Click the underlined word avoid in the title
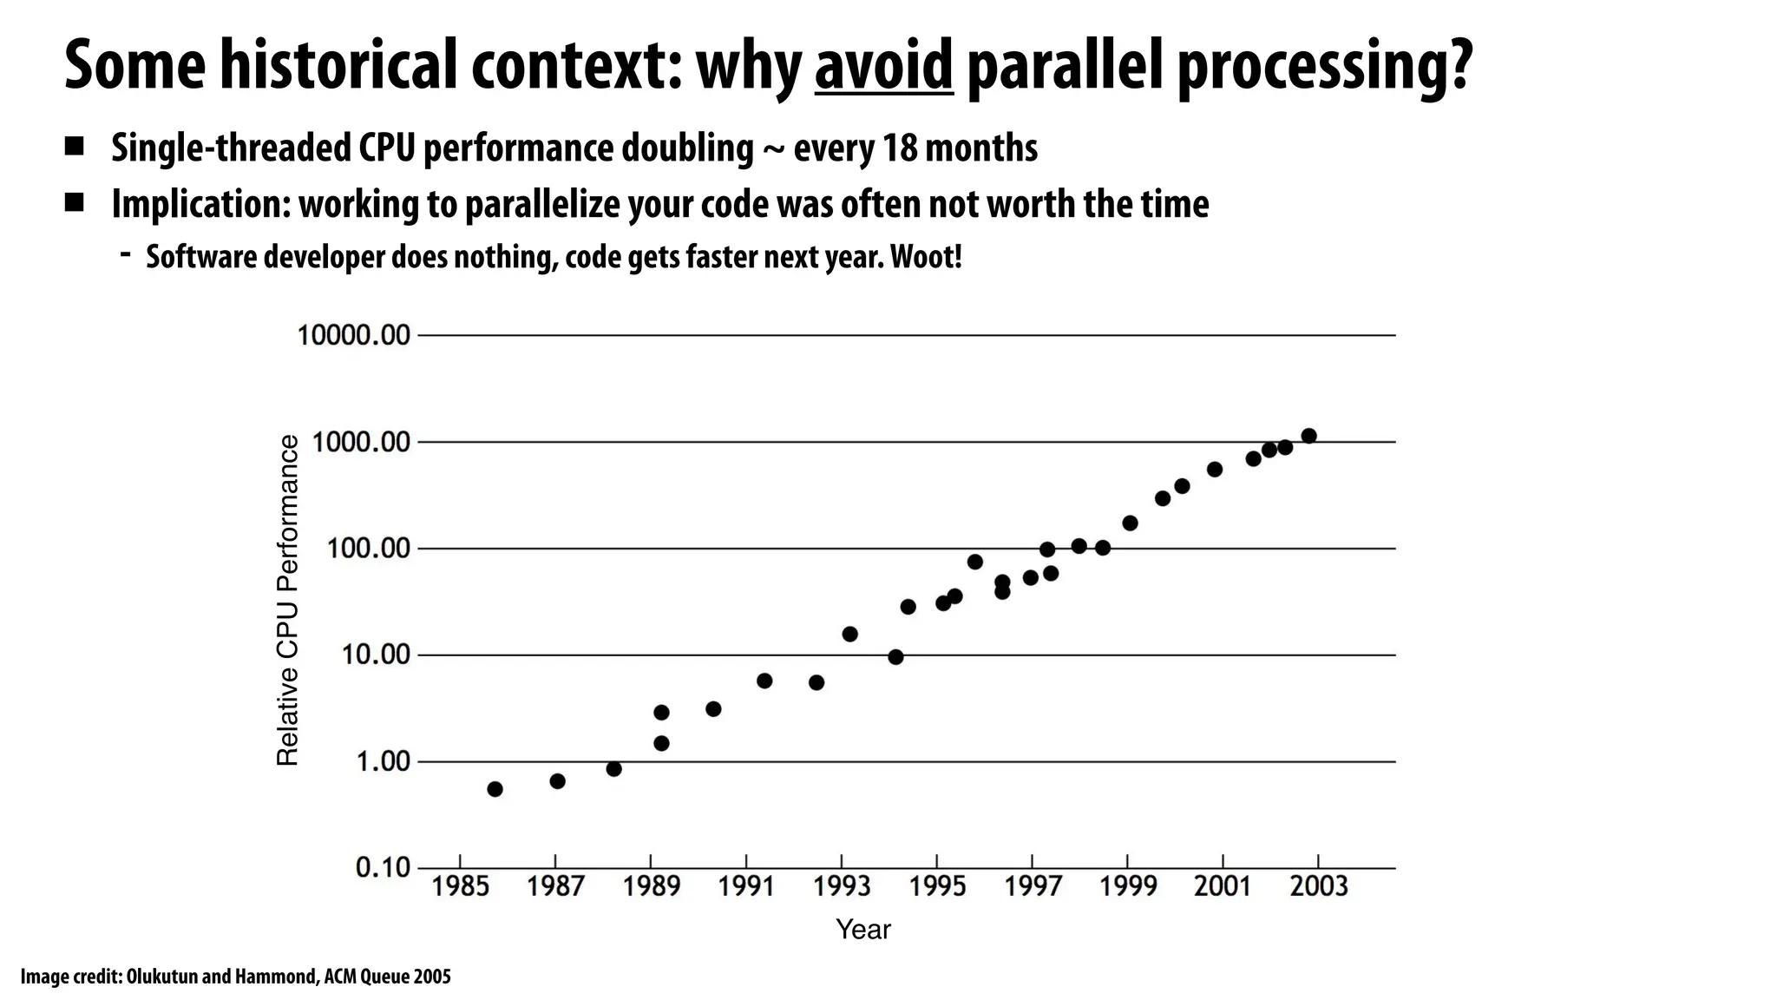tap(883, 66)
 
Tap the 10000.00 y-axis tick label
tap(353, 335)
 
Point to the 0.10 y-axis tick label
tap(383, 867)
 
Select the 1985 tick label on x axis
tap(461, 886)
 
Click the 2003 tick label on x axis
tap(1319, 886)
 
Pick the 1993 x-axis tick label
tap(842, 886)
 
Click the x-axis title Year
tap(862, 930)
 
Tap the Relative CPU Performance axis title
tap(287, 601)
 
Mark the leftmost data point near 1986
tap(495, 789)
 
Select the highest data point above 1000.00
tap(1308, 436)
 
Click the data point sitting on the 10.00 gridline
tap(895, 657)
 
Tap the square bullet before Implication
tap(74, 203)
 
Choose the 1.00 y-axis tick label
tap(383, 762)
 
